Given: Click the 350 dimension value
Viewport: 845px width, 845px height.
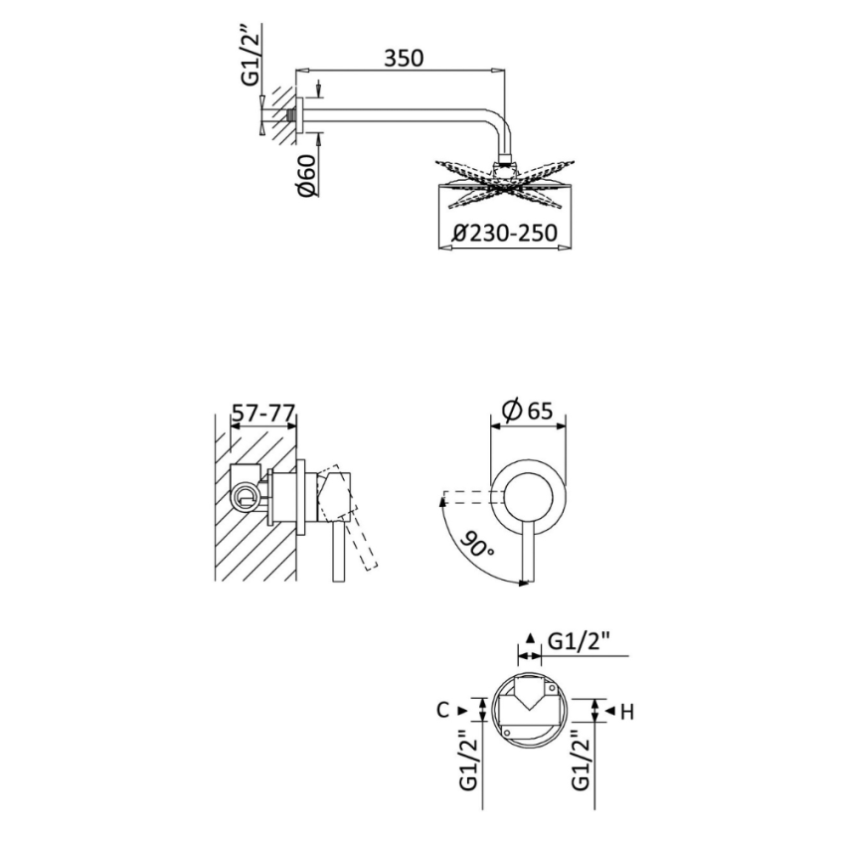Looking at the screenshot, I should (x=403, y=58).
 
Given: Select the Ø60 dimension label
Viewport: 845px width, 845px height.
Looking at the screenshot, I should (x=307, y=176).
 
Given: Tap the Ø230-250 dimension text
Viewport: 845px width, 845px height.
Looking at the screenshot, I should (x=504, y=235).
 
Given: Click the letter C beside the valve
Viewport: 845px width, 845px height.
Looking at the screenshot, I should (x=444, y=710).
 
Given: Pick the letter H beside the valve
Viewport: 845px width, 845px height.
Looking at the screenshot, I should (x=626, y=711).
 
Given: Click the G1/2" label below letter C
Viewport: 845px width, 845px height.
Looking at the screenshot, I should (x=469, y=760).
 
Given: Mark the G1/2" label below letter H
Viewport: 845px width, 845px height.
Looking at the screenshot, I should (x=583, y=760).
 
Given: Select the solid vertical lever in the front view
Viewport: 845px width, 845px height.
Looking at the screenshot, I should (x=527, y=557).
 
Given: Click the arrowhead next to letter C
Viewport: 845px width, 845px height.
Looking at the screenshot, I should (x=463, y=710).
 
